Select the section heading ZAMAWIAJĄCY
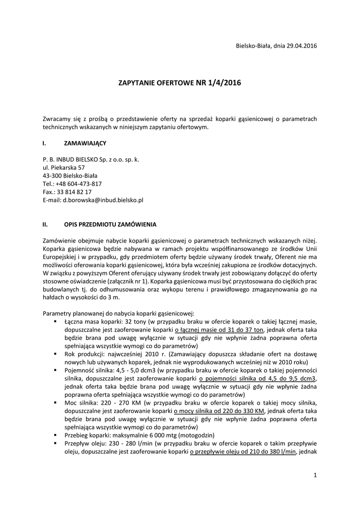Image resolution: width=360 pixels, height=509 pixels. point(85,143)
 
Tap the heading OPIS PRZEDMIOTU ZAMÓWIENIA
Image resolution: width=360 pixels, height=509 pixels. point(110,224)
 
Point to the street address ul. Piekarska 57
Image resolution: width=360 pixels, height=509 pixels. point(64,168)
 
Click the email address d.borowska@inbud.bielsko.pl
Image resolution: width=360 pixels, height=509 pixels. point(103,199)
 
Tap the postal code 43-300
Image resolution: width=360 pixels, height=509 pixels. point(52,175)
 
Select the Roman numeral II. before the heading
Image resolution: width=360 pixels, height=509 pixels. point(45,224)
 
